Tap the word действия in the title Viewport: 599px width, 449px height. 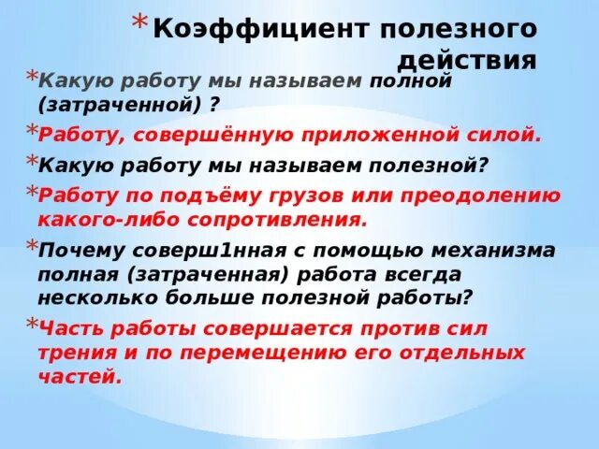coord(468,62)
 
